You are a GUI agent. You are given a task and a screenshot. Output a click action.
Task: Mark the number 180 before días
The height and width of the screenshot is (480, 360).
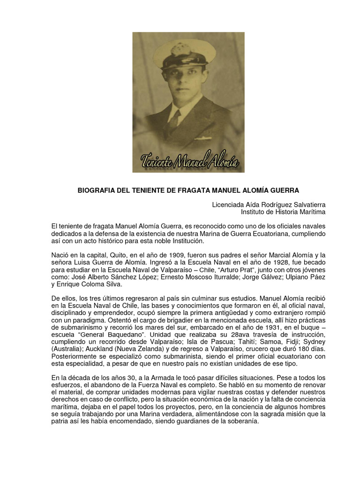click(x=296, y=350)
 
